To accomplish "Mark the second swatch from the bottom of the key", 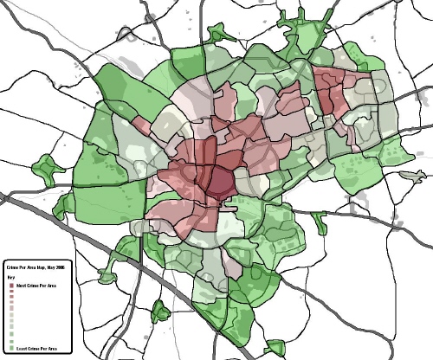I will click(10, 341).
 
